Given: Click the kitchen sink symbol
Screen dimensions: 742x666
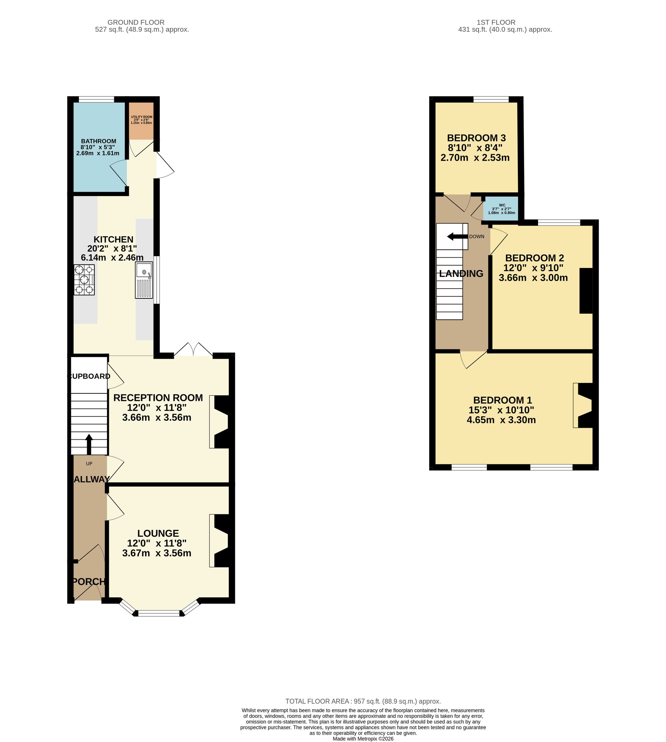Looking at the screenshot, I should coord(144,280).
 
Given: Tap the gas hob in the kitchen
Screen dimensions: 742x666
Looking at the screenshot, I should coord(84,280).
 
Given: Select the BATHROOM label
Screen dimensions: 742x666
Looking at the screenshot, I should coord(99,141).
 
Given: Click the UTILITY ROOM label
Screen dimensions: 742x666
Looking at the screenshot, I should coord(142,117).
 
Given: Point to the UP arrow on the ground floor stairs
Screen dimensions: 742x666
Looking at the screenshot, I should coord(89,444).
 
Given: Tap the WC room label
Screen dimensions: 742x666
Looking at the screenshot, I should coord(502,205).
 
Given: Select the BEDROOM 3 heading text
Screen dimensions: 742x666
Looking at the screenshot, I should coord(476,138).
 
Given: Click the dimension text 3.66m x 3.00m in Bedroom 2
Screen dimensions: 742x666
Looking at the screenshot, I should coord(533,278).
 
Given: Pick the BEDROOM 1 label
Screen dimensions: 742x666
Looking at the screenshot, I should coord(502,400).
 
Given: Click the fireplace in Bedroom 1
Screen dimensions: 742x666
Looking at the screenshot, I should coord(584,405).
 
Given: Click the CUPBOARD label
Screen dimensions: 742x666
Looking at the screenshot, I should coord(89,376).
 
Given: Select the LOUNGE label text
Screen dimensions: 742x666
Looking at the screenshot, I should coord(158,533).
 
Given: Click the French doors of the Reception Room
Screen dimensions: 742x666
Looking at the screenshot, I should coord(193,350).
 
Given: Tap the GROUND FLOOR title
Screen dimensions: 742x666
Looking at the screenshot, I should coord(136,22).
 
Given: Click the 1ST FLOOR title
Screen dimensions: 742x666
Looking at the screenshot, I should coord(496,22).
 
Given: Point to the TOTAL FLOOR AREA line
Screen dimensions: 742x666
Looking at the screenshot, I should coord(363,701).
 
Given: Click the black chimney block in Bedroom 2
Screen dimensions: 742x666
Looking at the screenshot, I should coord(585,291).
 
